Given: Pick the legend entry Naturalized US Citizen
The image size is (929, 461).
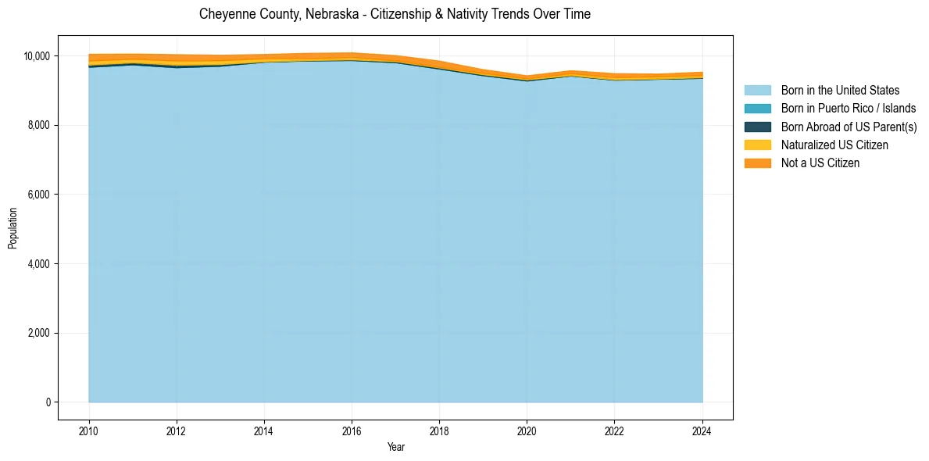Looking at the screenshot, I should (834, 145).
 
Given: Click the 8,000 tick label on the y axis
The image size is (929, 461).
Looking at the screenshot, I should (38, 125).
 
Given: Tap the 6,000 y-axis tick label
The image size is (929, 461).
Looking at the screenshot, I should (38, 195).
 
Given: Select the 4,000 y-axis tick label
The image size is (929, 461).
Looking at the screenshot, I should (38, 264).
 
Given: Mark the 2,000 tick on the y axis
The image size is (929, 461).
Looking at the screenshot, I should (38, 334).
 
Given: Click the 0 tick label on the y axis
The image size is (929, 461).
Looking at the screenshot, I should (48, 402).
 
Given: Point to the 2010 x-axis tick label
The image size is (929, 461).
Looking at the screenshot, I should (89, 431).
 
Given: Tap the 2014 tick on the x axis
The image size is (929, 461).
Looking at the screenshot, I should (264, 431).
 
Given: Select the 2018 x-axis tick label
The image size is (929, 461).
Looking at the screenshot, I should (439, 431).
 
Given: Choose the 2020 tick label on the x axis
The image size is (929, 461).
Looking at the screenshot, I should (527, 431).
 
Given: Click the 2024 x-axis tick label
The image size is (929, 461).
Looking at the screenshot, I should (702, 431).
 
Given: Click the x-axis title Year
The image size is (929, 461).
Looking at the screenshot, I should (395, 447).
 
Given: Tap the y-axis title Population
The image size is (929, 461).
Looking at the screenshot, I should (13, 228).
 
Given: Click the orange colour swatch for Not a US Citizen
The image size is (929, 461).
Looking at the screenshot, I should (757, 163).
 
